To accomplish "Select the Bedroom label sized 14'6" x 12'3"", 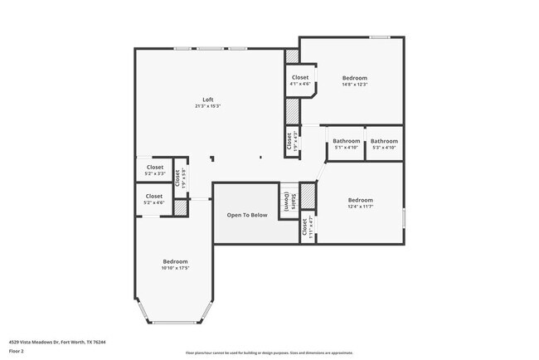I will tap(354, 78).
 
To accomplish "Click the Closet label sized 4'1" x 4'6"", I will tap(300, 78).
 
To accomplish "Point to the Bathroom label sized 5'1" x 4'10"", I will tap(347, 141).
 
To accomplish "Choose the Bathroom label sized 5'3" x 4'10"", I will tap(384, 141).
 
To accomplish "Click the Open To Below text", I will tap(247, 215).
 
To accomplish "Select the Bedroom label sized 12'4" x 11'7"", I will tap(360, 200).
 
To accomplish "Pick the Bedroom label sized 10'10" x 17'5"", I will tap(175, 261).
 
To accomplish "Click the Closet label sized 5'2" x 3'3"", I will tap(154, 167).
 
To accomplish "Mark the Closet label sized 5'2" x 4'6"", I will tap(154, 197).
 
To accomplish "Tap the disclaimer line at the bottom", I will tap(269, 353).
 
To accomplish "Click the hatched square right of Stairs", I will tap(308, 196).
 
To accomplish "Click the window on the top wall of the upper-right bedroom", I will tap(381, 36).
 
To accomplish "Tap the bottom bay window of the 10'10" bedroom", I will tap(177, 322).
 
